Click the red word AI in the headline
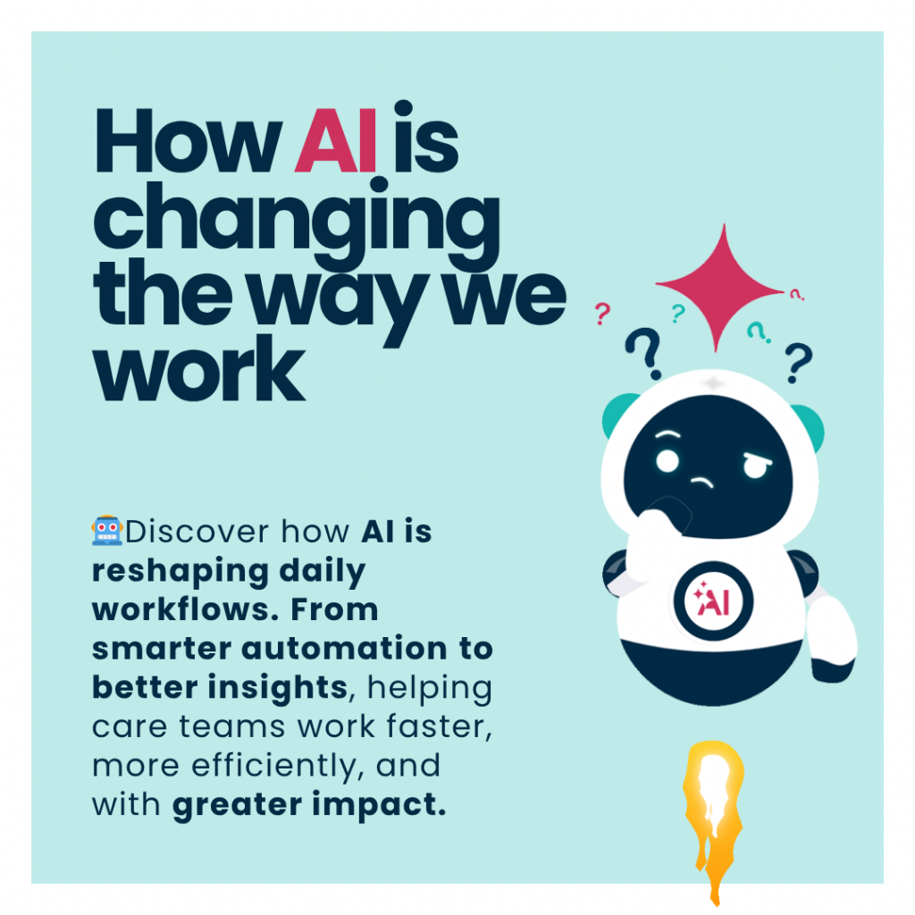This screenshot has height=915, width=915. (x=336, y=141)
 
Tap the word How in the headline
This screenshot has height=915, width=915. (x=188, y=141)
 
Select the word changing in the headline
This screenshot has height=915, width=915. (x=297, y=221)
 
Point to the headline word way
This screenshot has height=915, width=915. (x=340, y=300)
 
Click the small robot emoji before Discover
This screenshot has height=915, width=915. (x=107, y=531)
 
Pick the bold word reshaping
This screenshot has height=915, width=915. (x=180, y=572)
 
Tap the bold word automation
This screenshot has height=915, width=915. (x=344, y=649)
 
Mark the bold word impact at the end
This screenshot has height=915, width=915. (x=379, y=805)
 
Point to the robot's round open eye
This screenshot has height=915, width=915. (x=667, y=461)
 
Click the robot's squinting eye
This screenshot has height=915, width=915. (x=757, y=465)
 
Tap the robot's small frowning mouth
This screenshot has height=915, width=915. (x=702, y=482)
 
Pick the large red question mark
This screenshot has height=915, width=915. (x=602, y=314)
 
